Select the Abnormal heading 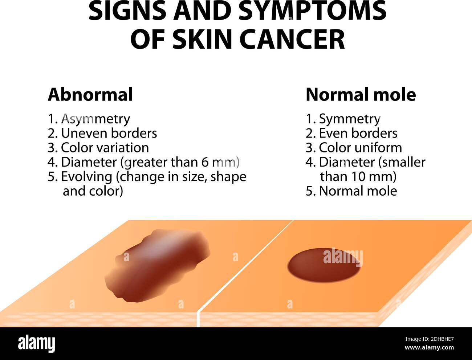[x=90, y=95]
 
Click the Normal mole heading [x=361, y=95]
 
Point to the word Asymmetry [x=96, y=119]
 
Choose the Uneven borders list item [x=102, y=133]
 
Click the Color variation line [x=98, y=148]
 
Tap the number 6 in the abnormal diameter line [x=205, y=163]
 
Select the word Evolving [x=87, y=177]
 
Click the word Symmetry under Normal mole [x=350, y=119]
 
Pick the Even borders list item [x=351, y=133]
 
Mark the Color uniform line [x=354, y=148]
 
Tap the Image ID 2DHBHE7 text [x=430, y=339]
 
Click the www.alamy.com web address [x=429, y=348]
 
